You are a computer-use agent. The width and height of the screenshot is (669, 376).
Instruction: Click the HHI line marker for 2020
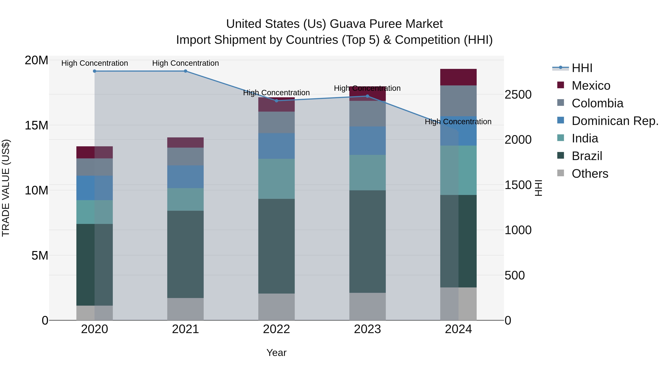tap(95, 71)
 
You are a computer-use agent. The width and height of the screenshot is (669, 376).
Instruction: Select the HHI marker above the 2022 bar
tap(276, 101)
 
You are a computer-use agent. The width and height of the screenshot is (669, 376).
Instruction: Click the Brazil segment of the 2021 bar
tap(185, 254)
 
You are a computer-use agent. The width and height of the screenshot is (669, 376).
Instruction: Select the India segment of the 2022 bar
tap(276, 179)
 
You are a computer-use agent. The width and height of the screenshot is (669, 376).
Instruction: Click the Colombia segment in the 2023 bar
tap(367, 114)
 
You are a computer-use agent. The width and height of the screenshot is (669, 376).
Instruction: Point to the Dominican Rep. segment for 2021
tap(185, 177)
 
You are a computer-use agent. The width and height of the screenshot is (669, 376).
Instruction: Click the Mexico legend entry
tap(591, 86)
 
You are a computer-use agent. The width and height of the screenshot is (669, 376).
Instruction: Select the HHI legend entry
tap(582, 68)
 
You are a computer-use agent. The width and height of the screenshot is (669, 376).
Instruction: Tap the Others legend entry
tap(589, 174)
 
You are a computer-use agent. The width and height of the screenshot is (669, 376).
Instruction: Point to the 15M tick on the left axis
tap(36, 126)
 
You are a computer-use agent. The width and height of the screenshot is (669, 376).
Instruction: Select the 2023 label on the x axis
tap(367, 329)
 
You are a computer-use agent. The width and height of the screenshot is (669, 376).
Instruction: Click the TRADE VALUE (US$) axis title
tap(6, 188)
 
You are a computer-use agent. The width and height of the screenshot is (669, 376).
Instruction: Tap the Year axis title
tap(276, 353)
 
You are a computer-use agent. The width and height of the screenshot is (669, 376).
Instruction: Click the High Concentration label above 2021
tap(185, 63)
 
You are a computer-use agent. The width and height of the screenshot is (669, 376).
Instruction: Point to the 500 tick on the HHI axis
tap(514, 275)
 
